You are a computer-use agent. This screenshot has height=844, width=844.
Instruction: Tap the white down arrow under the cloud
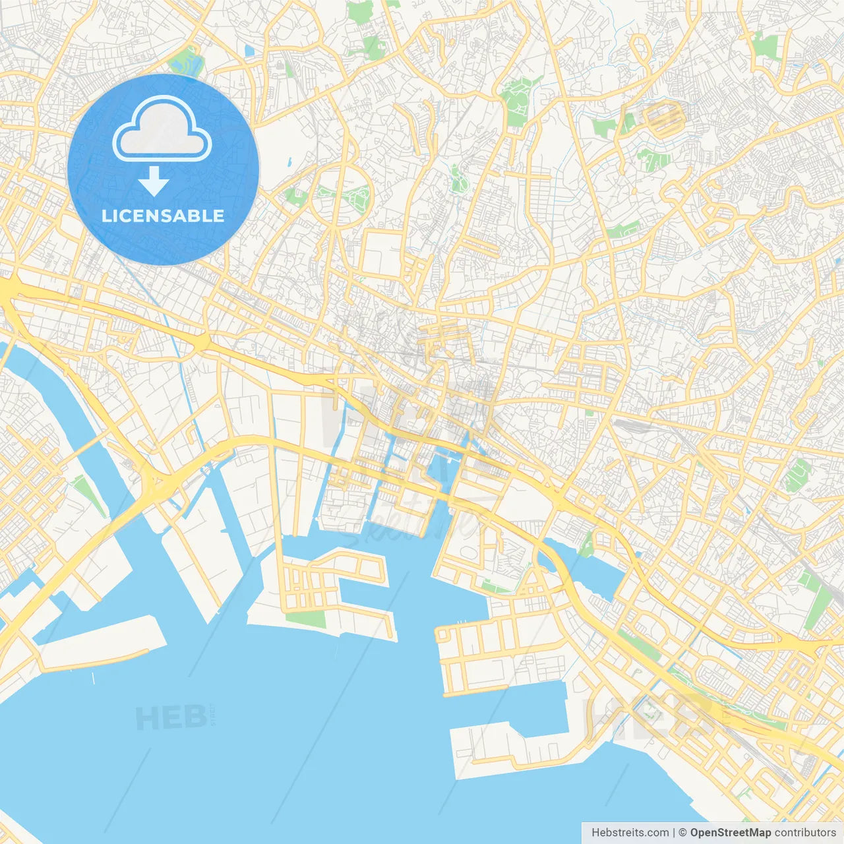pyautogui.click(x=154, y=181)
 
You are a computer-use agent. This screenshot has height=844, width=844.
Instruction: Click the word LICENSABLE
pyautogui.click(x=163, y=216)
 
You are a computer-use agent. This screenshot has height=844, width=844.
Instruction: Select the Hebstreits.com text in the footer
pyautogui.click(x=630, y=833)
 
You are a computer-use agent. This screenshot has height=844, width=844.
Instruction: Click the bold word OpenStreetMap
pyautogui.click(x=731, y=833)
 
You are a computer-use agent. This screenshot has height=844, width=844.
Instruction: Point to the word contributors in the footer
pyautogui.click(x=805, y=833)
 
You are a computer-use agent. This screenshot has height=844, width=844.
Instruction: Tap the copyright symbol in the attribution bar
pyautogui.click(x=683, y=833)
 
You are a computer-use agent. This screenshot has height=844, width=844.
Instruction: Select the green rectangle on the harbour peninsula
pyautogui.click(x=306, y=619)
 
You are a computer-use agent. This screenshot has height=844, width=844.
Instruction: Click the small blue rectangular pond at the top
pyautogui.click(x=249, y=51)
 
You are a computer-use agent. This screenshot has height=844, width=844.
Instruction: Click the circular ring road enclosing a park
pyautogui.click(x=342, y=196)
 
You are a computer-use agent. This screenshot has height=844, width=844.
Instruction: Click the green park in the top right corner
pyautogui.click(x=766, y=46)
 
